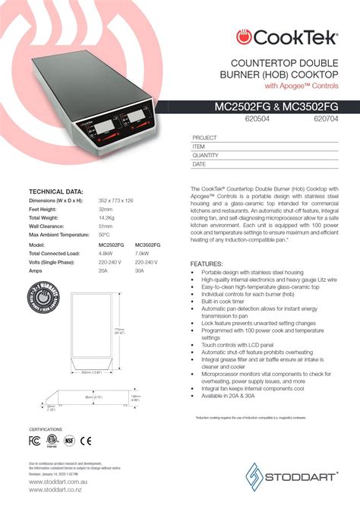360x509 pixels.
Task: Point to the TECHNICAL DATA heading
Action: coord(56,191)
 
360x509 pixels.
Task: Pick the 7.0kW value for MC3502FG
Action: coord(141,253)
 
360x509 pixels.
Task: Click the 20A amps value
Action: coord(104,270)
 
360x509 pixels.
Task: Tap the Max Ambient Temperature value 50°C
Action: coord(105,234)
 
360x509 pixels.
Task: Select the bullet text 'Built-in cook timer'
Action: coord(228,302)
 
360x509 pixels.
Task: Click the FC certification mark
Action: coord(34,439)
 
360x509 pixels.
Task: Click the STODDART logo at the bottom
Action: coord(298,476)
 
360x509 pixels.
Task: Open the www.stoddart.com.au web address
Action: coord(54,481)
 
